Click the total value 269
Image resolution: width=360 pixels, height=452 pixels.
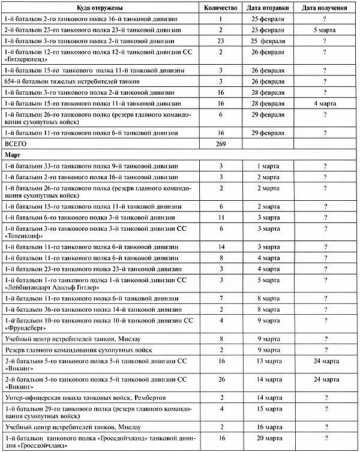click(221, 144)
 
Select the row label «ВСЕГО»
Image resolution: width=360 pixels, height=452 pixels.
click(17, 144)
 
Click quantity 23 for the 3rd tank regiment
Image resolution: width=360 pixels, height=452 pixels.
click(221, 40)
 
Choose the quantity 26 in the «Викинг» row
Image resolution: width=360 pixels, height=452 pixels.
click(221, 379)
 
